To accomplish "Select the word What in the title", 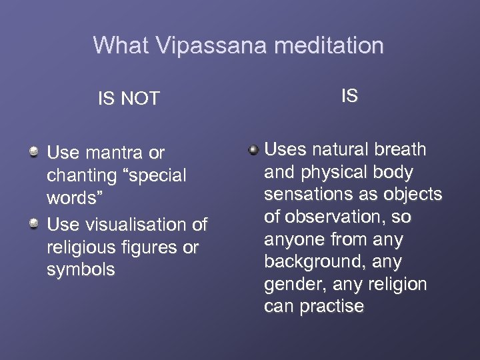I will (x=121, y=45).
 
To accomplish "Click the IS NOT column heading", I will (x=129, y=99).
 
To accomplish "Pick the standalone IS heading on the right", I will (x=349, y=96).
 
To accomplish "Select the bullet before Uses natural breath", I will (x=253, y=149).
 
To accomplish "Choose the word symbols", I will (x=81, y=270).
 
